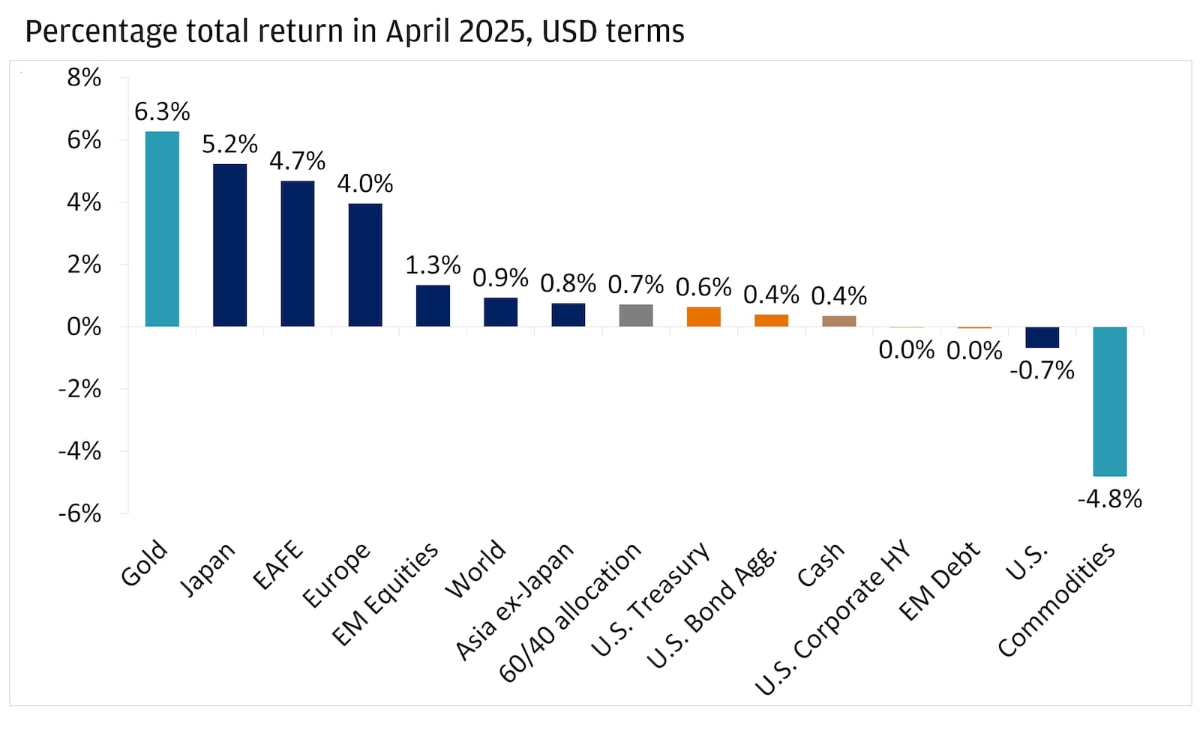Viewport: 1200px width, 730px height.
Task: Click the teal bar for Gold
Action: click(x=162, y=229)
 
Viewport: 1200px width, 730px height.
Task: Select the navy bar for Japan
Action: click(x=229, y=245)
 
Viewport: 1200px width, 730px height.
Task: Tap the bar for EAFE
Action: click(x=298, y=253)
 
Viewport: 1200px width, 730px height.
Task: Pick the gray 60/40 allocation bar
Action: click(x=636, y=316)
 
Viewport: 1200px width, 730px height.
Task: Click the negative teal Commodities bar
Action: click(x=1109, y=401)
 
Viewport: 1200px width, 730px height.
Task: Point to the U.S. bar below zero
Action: click(x=1042, y=337)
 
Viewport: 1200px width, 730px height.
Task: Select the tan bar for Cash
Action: click(x=838, y=321)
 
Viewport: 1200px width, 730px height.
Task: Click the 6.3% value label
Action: click(x=162, y=112)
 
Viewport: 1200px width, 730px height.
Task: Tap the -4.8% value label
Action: click(x=1109, y=499)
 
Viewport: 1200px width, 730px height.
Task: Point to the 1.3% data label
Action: click(x=433, y=265)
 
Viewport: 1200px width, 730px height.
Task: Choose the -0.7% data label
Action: click(x=1042, y=370)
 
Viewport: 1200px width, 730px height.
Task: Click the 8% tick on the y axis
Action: click(x=84, y=77)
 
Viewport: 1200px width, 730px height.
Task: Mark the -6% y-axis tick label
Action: click(x=79, y=513)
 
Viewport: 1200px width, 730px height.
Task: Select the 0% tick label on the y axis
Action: click(x=84, y=327)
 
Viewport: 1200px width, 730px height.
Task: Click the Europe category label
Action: click(x=337, y=575)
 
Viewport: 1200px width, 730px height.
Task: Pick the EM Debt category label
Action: click(x=940, y=580)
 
